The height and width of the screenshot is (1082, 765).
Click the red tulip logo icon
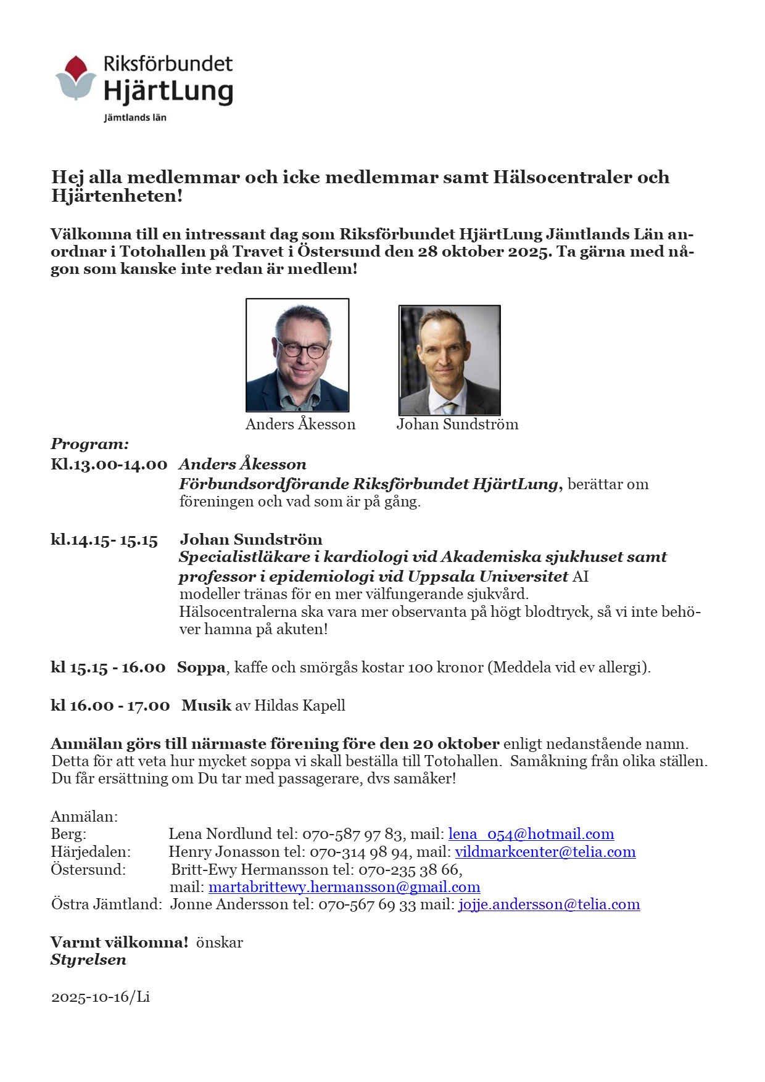tap(76, 77)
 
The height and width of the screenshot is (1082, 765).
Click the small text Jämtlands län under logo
tap(134, 117)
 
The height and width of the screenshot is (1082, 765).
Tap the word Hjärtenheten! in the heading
tap(117, 196)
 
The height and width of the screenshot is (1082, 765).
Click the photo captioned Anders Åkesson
tap(297, 355)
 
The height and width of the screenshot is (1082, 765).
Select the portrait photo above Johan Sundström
tap(449, 360)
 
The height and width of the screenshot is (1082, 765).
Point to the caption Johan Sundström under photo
tap(457, 424)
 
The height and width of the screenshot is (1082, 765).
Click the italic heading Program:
tap(90, 444)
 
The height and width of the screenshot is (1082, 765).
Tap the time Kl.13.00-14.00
tap(109, 465)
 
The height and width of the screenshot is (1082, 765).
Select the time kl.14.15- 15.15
tap(104, 540)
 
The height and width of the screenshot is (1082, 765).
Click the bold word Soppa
tap(201, 667)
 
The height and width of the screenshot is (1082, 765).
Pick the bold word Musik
tap(206, 706)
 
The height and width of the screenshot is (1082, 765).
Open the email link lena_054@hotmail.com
tap(531, 834)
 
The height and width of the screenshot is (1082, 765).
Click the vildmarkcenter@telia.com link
tap(545, 852)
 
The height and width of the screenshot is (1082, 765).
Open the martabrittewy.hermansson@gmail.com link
tap(344, 887)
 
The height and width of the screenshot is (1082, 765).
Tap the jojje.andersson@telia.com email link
tap(548, 904)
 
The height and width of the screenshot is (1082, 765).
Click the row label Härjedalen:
tap(91, 852)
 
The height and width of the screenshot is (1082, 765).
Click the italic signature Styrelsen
tap(88, 960)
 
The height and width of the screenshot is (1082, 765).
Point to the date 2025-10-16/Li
tap(101, 997)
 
